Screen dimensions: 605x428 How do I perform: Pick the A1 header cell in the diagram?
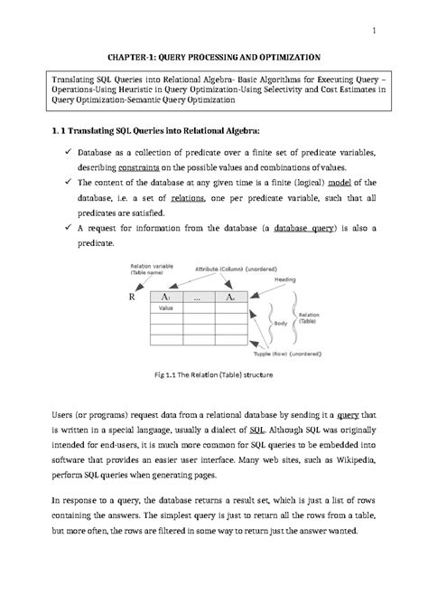(166, 297)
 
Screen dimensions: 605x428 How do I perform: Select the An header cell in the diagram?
(231, 297)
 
